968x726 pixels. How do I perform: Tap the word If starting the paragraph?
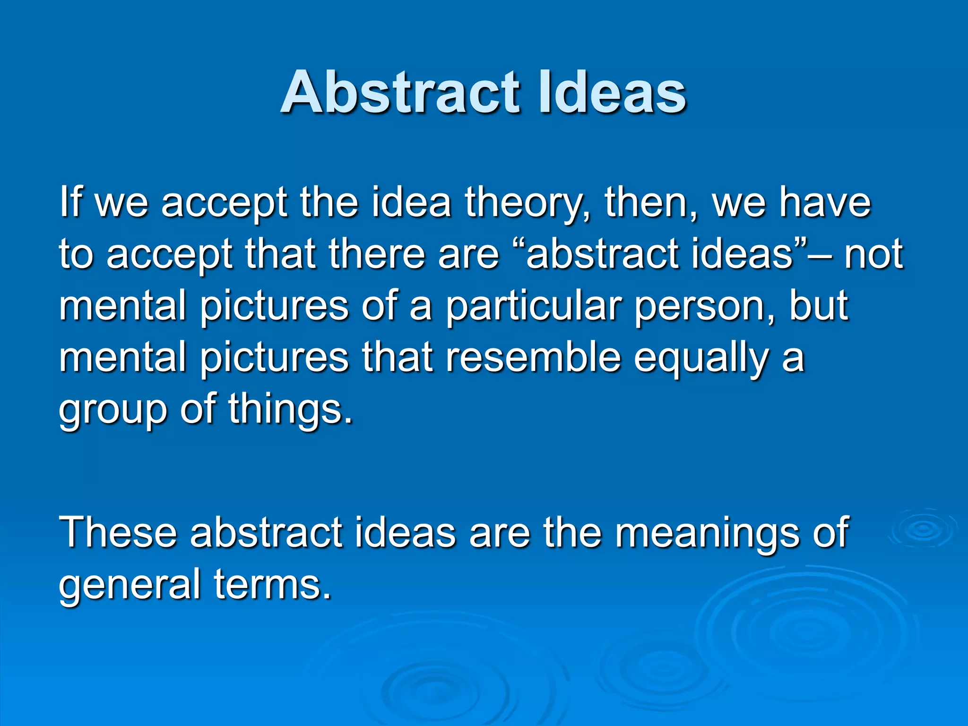coord(71,202)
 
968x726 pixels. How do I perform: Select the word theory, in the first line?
coord(528,203)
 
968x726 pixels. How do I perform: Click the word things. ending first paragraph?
coord(290,409)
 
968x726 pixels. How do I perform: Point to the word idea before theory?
coord(411,202)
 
